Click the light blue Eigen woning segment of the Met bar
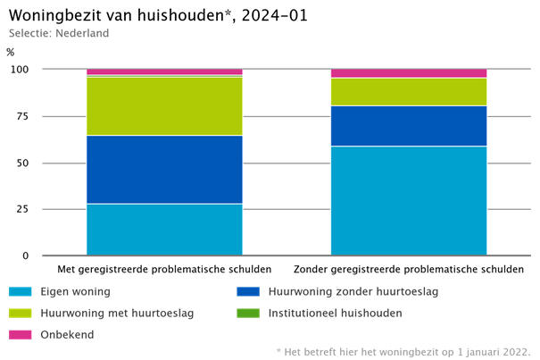tap(164, 230)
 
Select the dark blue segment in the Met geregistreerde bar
tap(164, 170)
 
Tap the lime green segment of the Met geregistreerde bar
tap(164, 106)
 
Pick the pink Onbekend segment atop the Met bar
tap(164, 71)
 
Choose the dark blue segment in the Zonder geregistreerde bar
tap(409, 126)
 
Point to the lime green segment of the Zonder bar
tap(409, 92)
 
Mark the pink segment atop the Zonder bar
tap(409, 73)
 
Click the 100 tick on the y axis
tap(20, 70)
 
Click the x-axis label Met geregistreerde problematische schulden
tap(164, 270)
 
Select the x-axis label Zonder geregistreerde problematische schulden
tap(409, 270)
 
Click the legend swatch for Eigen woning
tap(21, 291)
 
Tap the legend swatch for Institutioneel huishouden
tap(248, 314)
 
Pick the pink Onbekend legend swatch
tap(21, 335)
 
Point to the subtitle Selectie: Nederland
tap(59, 34)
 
